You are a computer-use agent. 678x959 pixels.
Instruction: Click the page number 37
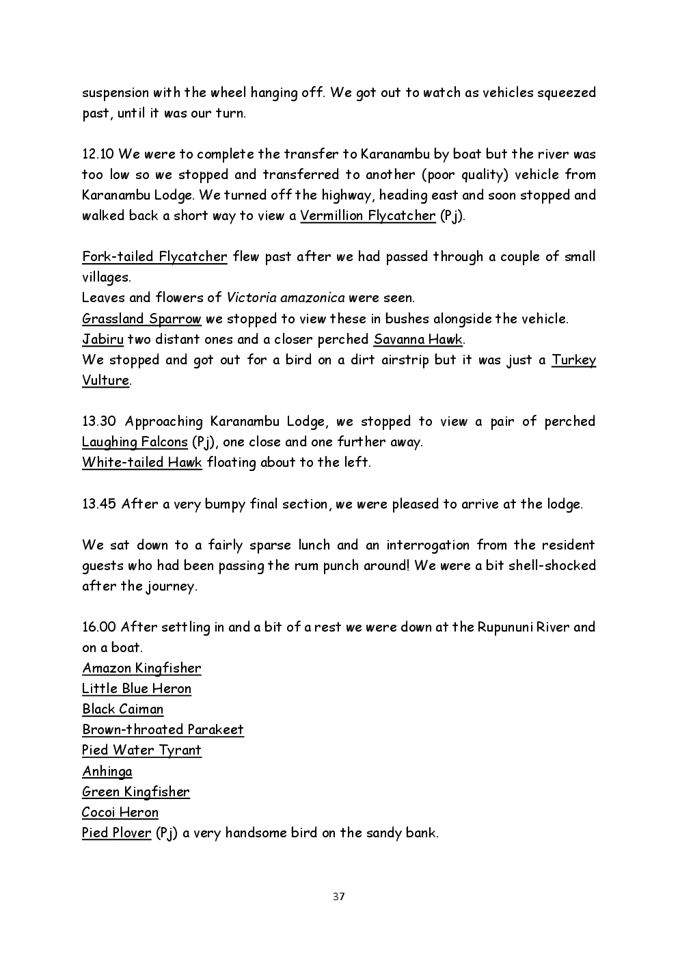coord(339,897)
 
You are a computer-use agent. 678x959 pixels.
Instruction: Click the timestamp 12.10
coord(98,154)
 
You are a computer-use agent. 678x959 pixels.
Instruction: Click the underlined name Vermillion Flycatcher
coord(368,216)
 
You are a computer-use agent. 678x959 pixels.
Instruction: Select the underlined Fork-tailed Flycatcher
coord(154,257)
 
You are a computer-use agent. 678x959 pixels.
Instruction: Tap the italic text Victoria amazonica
coord(286,298)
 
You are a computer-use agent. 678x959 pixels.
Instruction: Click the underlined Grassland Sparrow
coord(141,319)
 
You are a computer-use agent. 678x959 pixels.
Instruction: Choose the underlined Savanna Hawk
coord(418,340)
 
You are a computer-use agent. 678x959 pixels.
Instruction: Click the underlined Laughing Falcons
coord(135,442)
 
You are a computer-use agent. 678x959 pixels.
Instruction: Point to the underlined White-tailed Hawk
coord(142,463)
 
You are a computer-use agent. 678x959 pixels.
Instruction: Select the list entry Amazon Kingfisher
coord(141,668)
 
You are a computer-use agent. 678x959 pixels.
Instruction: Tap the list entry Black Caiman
coord(123,709)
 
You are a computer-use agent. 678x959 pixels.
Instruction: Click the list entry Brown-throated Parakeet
coord(163,729)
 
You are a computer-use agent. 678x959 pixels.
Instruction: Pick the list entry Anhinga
coord(107,771)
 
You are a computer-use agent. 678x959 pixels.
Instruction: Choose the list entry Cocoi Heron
coord(120,812)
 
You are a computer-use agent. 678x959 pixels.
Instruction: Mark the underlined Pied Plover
coord(116,833)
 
